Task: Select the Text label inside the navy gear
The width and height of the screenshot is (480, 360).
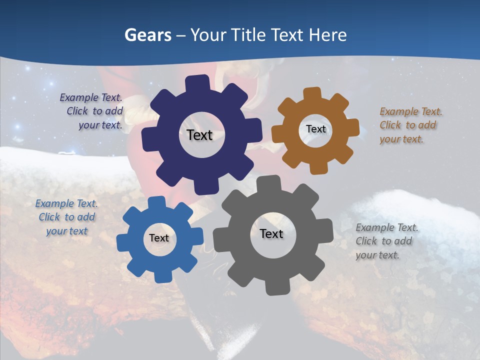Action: click(200, 135)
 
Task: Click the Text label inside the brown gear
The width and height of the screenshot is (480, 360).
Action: click(315, 129)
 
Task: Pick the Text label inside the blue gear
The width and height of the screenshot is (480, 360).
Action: click(159, 238)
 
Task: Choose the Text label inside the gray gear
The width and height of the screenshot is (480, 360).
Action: click(271, 233)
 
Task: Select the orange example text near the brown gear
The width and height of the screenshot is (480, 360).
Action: click(410, 125)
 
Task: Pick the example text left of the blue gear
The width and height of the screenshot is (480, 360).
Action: click(66, 217)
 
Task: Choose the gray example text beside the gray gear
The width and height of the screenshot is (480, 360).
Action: click(386, 241)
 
